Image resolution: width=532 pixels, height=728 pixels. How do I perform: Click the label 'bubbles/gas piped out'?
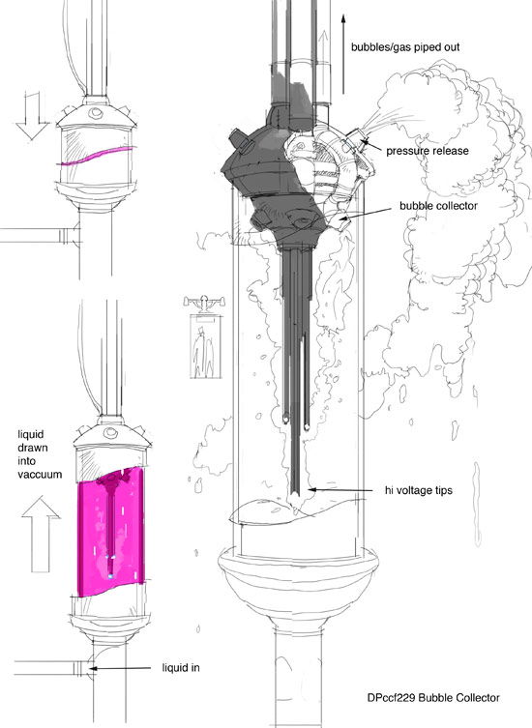click(405, 47)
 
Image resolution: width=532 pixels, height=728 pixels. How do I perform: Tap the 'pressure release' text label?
click(427, 151)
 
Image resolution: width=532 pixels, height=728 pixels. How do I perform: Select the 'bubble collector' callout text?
click(438, 206)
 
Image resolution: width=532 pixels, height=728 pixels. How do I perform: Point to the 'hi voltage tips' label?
click(418, 490)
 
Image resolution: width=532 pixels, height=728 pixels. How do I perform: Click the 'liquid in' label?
click(181, 668)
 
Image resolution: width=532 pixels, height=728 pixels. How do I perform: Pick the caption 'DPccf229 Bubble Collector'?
click(433, 698)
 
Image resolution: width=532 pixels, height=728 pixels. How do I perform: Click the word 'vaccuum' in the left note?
click(40, 475)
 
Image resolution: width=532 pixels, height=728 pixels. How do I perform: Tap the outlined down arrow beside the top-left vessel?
click(32, 116)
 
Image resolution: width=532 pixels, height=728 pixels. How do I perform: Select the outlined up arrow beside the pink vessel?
click(41, 534)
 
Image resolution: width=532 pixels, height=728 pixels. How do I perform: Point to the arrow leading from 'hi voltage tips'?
click(340, 489)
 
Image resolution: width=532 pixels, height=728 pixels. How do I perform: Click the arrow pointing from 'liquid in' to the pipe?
click(119, 668)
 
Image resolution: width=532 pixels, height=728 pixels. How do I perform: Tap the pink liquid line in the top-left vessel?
click(96, 156)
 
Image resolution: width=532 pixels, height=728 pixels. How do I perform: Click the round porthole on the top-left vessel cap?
click(96, 112)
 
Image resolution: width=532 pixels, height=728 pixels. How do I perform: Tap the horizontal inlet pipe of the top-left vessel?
click(38, 235)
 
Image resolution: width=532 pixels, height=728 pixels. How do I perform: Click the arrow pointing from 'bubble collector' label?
click(366, 214)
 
